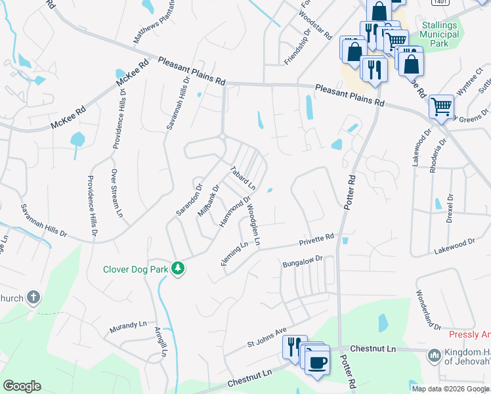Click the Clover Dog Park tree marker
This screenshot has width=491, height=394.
(177, 269)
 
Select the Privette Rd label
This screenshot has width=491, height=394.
(318, 239)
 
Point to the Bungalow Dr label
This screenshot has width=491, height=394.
(303, 262)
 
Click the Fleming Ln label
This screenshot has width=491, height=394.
(234, 254)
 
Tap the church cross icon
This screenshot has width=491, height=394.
(33, 298)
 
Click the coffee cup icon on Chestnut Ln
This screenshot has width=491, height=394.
(318, 363)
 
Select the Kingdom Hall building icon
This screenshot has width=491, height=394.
(433, 356)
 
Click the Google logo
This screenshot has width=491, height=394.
(22, 386)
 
